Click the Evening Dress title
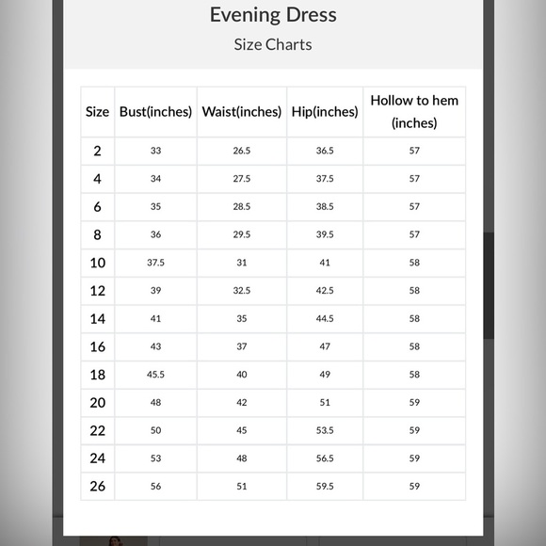tap(273, 14)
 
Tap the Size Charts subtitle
tap(273, 44)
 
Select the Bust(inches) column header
tap(155, 111)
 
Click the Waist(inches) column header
tap(242, 111)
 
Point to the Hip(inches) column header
tap(325, 111)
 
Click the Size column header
tap(97, 111)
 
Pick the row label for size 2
tap(97, 151)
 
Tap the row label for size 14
tap(97, 318)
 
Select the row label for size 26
tap(97, 487)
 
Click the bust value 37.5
tap(155, 263)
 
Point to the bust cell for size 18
tap(155, 375)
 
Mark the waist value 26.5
tap(242, 151)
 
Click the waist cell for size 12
tap(242, 291)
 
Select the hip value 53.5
tap(325, 430)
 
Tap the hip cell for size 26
tap(325, 487)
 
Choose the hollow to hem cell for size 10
tap(414, 263)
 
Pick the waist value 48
tap(242, 458)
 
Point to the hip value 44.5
tap(325, 318)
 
